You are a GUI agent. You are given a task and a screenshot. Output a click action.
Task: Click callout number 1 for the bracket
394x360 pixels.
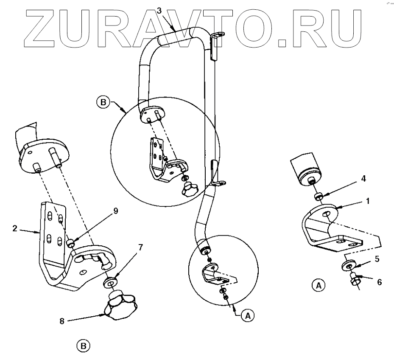[x=368, y=201]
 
